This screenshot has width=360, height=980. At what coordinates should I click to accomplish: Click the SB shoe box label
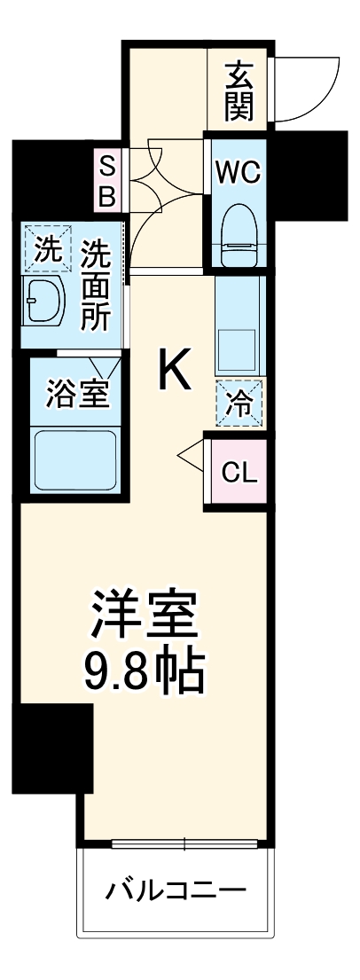[x=106, y=181]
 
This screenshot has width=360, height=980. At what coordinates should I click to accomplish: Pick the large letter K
[x=175, y=370]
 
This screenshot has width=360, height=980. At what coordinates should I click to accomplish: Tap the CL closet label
[x=239, y=472]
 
